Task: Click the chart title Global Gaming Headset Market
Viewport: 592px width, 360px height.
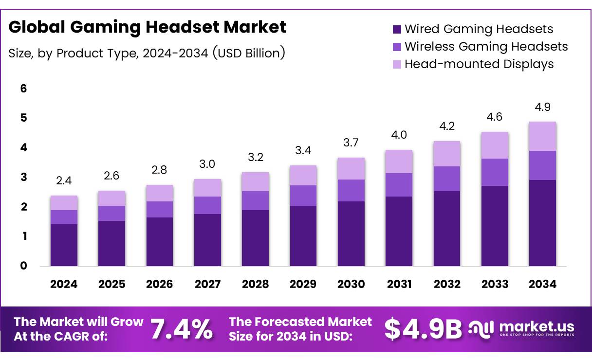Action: [148, 27]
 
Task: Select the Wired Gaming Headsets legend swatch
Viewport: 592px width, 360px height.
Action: [397, 29]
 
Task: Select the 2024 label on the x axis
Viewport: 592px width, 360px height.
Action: [64, 285]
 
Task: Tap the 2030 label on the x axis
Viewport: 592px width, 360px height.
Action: [351, 285]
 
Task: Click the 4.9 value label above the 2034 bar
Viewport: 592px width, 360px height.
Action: [542, 107]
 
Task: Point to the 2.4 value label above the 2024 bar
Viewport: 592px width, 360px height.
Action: [64, 181]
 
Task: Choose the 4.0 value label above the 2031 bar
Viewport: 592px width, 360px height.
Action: [399, 135]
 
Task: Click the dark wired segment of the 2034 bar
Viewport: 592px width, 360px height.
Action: [542, 223]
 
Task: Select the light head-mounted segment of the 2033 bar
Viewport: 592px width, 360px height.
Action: [494, 145]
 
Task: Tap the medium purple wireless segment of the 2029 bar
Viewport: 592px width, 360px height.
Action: [303, 195]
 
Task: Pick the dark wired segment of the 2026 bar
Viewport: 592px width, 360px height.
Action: [159, 241]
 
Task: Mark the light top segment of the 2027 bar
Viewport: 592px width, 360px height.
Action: [207, 187]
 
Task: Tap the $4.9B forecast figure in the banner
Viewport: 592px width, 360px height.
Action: [423, 329]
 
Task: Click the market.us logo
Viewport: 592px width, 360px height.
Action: [521, 328]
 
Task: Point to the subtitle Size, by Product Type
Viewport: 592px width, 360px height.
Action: [147, 53]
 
